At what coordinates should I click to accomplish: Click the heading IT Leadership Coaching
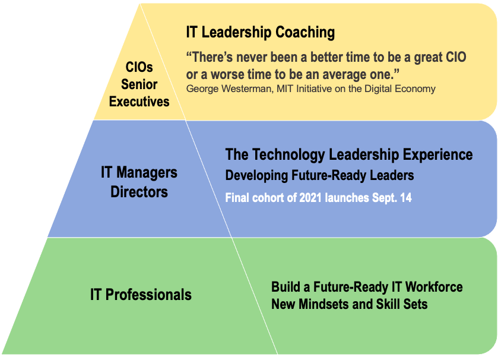point(261,33)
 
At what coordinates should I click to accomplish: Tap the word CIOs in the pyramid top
point(139,67)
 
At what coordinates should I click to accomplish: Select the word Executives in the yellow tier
point(139,102)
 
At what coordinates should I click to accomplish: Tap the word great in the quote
point(429,58)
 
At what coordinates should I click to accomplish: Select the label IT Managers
point(139,172)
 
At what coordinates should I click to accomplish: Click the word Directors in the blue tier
point(139,192)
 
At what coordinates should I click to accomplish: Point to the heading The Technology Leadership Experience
point(349,154)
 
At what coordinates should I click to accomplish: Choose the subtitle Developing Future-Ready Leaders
point(319,175)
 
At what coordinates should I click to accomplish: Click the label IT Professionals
point(141,295)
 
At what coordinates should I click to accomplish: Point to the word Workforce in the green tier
point(434,287)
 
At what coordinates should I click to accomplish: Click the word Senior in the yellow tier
point(139,84)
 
